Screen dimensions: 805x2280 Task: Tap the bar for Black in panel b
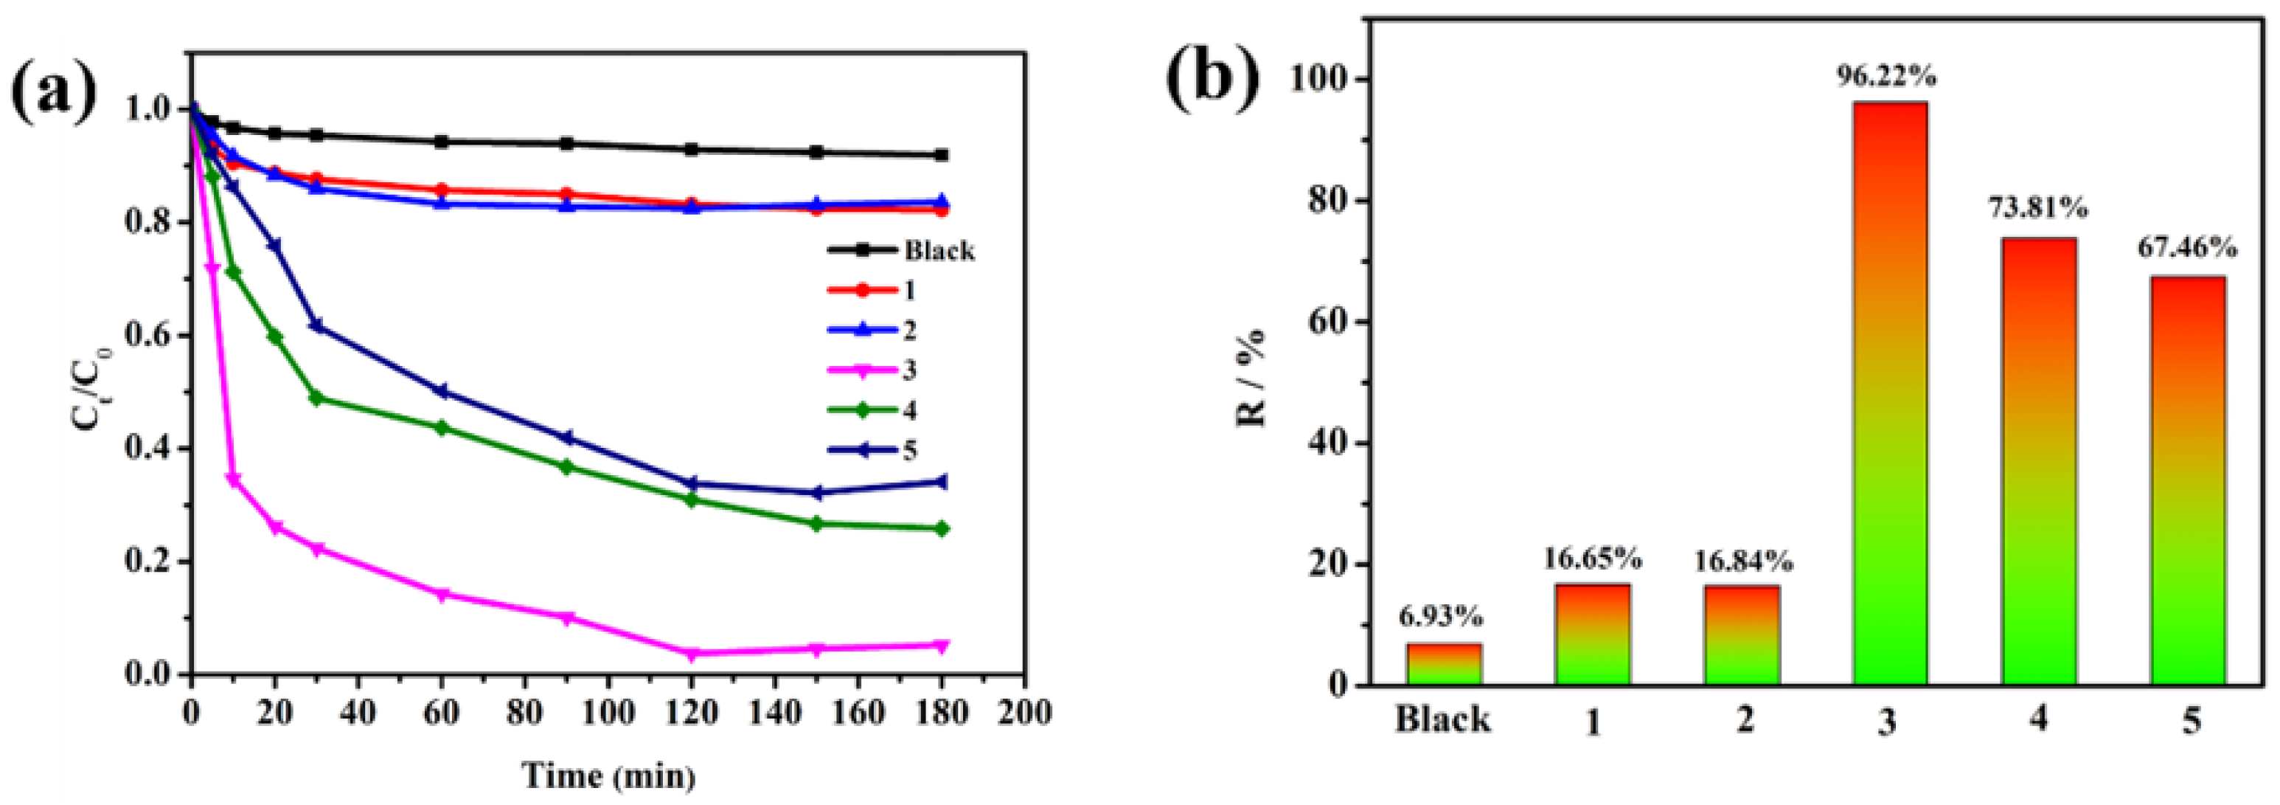pos(1444,663)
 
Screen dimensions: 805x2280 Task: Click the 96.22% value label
pos(1886,77)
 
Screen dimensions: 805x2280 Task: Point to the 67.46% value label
pos(2187,248)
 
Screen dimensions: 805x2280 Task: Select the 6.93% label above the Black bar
pos(1441,615)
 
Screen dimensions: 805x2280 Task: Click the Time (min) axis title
pos(609,775)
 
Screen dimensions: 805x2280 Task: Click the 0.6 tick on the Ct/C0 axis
pos(149,336)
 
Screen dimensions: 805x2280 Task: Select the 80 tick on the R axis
pos(1326,201)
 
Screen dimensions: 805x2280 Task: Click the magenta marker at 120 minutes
pos(692,654)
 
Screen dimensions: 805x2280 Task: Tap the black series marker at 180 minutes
pos(941,155)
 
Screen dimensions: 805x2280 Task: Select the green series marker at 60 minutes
pos(442,428)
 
